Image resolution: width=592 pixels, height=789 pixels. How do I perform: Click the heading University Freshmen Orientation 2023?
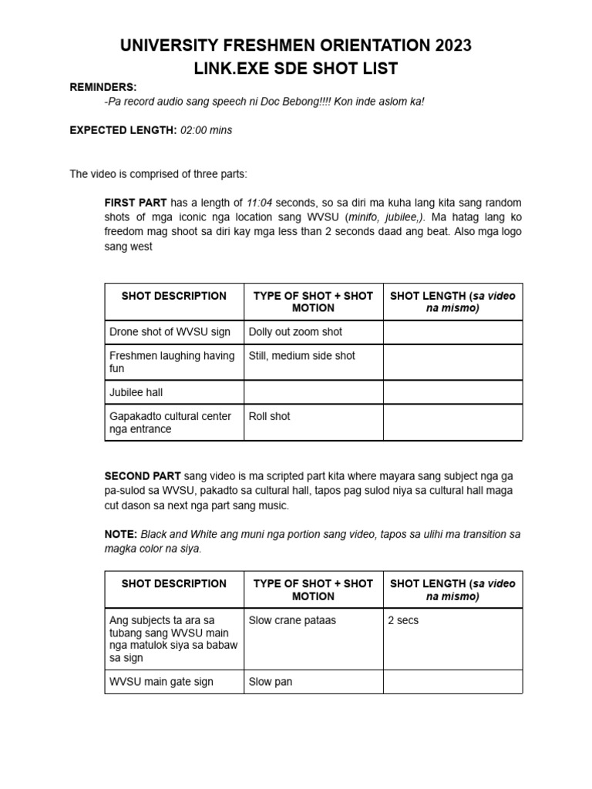[296, 45]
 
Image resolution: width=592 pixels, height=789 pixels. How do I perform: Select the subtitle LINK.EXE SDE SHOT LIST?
[296, 69]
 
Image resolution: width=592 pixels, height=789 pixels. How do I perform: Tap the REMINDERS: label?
[103, 88]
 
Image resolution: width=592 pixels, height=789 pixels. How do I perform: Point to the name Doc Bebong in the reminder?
[280, 102]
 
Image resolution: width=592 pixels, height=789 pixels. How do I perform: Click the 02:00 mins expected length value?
[206, 130]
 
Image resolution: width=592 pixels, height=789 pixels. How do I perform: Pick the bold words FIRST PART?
[136, 202]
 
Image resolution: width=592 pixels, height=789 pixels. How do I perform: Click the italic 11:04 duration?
[261, 202]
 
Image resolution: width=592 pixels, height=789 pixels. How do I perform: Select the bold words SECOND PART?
[143, 475]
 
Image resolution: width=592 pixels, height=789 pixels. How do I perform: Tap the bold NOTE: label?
[120, 534]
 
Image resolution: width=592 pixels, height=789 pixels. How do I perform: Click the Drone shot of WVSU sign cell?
[170, 332]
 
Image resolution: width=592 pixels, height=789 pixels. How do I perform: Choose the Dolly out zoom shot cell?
[295, 332]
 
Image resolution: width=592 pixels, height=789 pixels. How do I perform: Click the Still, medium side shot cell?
[302, 356]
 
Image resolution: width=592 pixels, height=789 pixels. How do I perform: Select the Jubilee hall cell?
[136, 392]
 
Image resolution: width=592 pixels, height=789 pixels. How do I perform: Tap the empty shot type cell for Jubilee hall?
[313, 392]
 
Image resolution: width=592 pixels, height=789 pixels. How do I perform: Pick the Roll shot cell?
[270, 416]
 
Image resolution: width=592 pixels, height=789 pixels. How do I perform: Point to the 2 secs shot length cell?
[403, 620]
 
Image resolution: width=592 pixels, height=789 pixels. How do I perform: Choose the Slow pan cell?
[271, 682]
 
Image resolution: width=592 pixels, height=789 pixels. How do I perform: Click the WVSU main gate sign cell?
[161, 682]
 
